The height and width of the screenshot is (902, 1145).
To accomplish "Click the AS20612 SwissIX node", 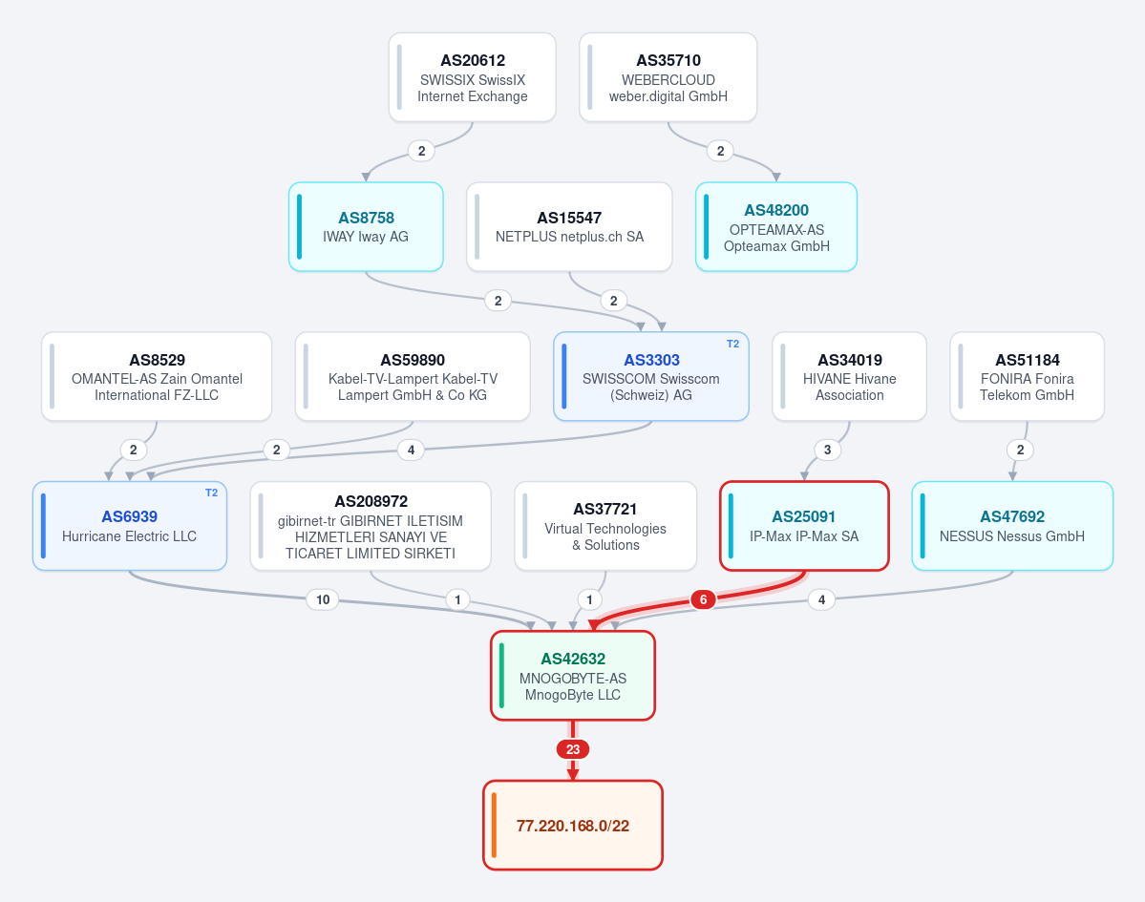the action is [473, 77].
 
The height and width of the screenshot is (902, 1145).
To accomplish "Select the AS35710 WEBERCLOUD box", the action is [668, 77].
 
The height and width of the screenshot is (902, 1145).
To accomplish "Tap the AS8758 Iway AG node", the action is [366, 227].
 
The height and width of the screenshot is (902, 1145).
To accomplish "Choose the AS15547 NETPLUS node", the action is [569, 227].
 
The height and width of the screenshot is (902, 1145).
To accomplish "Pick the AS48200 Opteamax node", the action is [776, 227].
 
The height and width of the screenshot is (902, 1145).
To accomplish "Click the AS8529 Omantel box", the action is [157, 377].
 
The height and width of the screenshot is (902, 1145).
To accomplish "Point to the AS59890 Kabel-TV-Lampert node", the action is [413, 377].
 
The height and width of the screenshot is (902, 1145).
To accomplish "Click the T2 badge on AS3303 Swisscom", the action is [732, 344].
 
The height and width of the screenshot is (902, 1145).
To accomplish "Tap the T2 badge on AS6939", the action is [211, 493].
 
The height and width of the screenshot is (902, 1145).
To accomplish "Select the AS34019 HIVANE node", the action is [849, 377].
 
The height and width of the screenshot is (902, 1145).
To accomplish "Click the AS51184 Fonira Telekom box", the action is [1027, 377].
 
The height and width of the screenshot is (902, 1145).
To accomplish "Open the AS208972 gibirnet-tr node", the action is [371, 526].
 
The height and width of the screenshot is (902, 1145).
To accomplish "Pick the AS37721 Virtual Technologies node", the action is [605, 526].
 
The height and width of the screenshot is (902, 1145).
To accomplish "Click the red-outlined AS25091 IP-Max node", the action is [804, 526].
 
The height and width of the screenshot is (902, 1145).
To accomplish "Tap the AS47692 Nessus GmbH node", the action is [1012, 526].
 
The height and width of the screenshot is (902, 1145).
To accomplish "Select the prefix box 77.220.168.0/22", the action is [573, 826].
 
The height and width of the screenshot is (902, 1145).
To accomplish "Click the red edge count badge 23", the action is [573, 749].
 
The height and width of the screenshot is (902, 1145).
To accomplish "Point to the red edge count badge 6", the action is [703, 599].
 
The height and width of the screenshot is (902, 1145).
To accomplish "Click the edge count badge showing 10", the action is [323, 599].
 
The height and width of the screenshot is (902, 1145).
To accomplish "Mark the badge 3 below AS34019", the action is [827, 450].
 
